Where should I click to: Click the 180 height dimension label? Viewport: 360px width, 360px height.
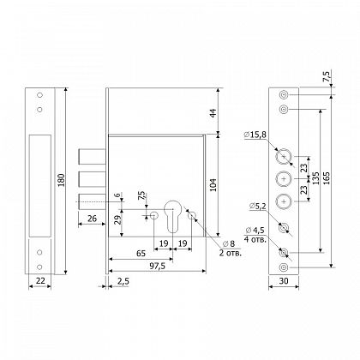(62, 180)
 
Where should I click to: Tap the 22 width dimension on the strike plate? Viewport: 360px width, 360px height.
(40, 281)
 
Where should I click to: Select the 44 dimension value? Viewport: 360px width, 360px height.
(213, 111)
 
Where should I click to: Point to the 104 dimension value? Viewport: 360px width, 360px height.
(213, 184)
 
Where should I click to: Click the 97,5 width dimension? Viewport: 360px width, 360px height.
(157, 266)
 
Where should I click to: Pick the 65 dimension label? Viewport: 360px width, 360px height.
(141, 254)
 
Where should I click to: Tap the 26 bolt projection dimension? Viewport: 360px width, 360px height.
(92, 219)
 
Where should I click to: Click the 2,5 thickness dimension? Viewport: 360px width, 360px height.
(123, 281)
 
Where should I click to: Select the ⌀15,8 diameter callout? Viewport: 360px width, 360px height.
(255, 135)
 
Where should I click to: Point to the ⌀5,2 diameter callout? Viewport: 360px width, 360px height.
(257, 206)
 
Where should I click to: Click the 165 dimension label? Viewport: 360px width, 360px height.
(327, 177)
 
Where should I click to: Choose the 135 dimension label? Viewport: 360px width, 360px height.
(315, 177)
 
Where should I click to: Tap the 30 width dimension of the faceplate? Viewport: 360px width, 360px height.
(284, 281)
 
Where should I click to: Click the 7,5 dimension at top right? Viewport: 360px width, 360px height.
(327, 76)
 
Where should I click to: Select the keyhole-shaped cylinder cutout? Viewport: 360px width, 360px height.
(172, 216)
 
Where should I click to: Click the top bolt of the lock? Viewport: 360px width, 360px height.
(93, 157)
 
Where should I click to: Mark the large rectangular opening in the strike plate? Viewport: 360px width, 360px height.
(40, 186)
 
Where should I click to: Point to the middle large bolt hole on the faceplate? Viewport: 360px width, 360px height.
(284, 179)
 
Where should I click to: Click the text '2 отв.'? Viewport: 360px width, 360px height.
(231, 253)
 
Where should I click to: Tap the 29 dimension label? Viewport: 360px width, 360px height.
(118, 219)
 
